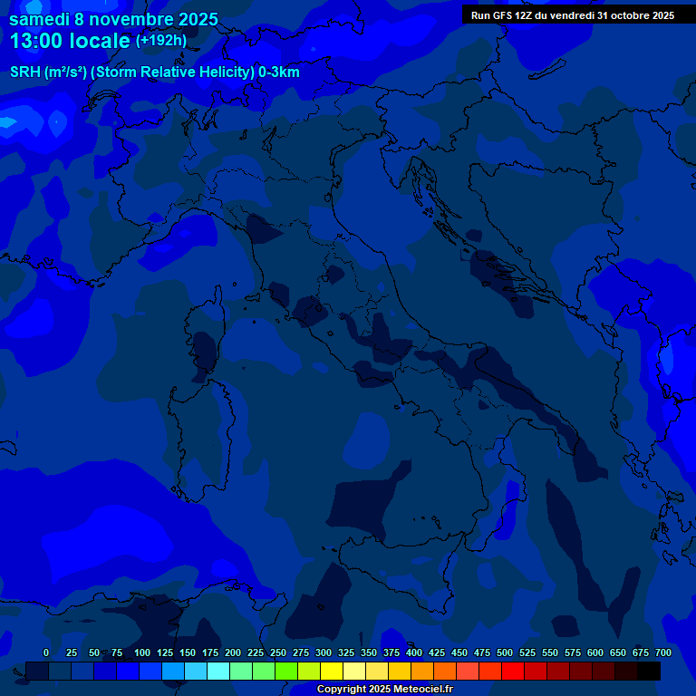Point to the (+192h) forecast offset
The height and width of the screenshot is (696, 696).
tap(160, 41)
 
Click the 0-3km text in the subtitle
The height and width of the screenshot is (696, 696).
tap(278, 72)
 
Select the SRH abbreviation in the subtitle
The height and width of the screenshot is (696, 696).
tap(24, 72)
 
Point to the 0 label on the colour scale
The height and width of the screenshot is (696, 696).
tap(46, 652)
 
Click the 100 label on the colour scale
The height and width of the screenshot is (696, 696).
tap(142, 652)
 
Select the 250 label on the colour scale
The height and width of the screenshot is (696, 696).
tap(278, 652)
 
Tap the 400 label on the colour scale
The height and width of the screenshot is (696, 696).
tap(414, 652)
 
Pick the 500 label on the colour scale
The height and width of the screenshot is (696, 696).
tap(505, 652)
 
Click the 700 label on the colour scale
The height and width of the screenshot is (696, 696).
tap(663, 652)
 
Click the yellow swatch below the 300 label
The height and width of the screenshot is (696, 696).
tap(332, 671)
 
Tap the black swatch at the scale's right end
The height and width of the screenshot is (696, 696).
tap(649, 671)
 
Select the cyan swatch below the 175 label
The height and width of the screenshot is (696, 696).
tap(218, 671)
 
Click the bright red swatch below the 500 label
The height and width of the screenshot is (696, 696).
tap(513, 671)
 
